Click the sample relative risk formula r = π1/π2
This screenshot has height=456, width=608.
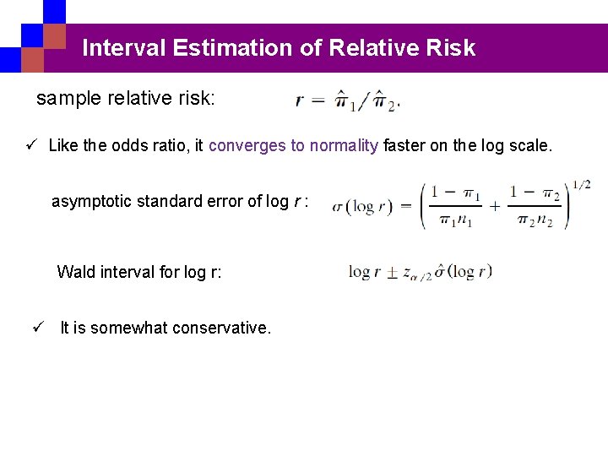pyautogui.click(x=347, y=101)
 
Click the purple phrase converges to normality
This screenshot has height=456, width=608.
pyautogui.click(x=293, y=145)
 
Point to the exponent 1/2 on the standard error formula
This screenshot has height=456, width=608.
pyautogui.click(x=581, y=184)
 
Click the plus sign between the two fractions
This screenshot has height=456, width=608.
pyautogui.click(x=495, y=205)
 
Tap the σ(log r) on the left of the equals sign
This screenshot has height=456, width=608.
pyautogui.click(x=362, y=207)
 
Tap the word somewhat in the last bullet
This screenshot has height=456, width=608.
pyautogui.click(x=126, y=328)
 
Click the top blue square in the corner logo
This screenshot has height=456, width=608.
pyautogui.click(x=54, y=10)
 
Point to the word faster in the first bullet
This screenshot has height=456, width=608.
pyautogui.click(x=404, y=145)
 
